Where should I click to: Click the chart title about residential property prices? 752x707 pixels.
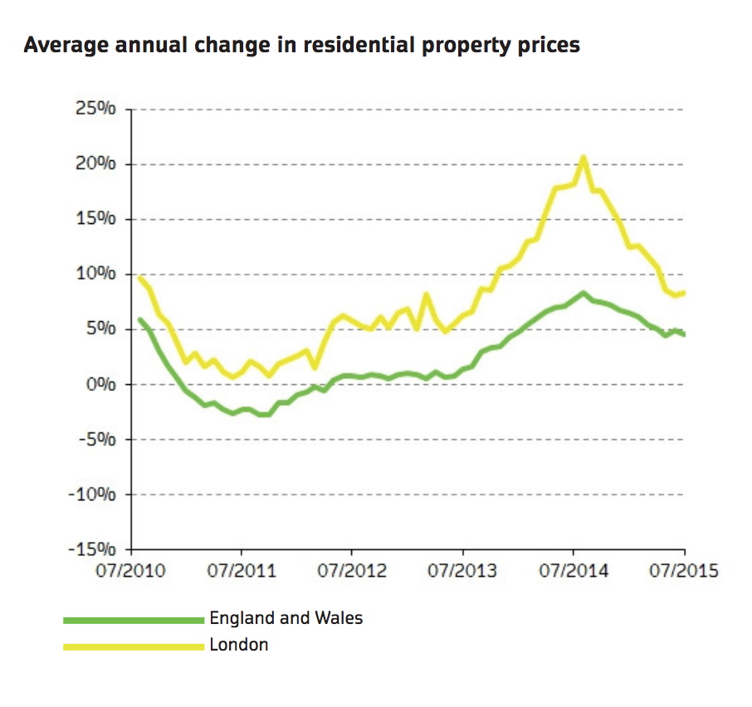(301, 45)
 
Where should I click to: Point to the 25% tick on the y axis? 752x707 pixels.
(97, 110)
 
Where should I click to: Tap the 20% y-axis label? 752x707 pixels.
(97, 164)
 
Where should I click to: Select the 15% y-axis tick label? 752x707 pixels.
(97, 220)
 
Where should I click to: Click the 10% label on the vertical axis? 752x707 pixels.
(97, 275)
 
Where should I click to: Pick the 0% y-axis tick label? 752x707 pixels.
(101, 385)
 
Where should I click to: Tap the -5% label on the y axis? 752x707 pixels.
(99, 440)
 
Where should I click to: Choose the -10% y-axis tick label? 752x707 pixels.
(95, 495)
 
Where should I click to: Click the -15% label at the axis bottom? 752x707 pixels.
(95, 549)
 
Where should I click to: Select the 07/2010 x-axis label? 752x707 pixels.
(130, 571)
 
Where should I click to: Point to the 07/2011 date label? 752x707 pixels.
(242, 571)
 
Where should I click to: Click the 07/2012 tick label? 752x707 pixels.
(352, 571)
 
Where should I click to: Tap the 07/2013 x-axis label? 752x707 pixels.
(463, 571)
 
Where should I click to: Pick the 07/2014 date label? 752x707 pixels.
(574, 571)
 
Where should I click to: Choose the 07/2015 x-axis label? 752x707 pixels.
(684, 571)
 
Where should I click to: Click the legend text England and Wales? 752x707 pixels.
(286, 618)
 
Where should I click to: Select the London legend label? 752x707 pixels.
(238, 645)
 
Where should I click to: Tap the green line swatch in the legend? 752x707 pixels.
(133, 619)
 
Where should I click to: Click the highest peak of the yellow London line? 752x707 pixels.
(584, 157)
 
